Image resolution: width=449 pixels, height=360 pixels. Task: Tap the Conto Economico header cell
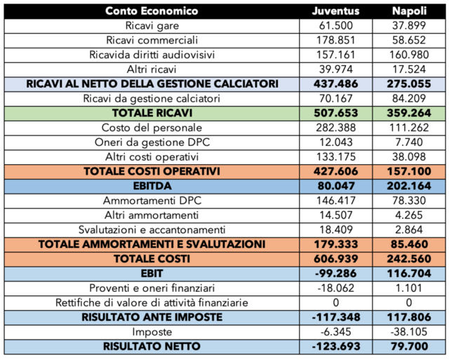(x=152, y=11)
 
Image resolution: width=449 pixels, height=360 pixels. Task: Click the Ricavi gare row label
(x=152, y=26)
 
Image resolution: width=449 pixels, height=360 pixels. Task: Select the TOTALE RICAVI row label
(x=152, y=112)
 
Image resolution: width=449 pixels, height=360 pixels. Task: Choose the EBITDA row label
(x=152, y=185)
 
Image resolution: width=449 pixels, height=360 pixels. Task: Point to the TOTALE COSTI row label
(x=152, y=258)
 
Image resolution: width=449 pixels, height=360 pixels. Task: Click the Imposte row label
(x=152, y=331)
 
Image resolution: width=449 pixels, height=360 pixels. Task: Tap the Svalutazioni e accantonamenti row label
(x=152, y=229)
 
